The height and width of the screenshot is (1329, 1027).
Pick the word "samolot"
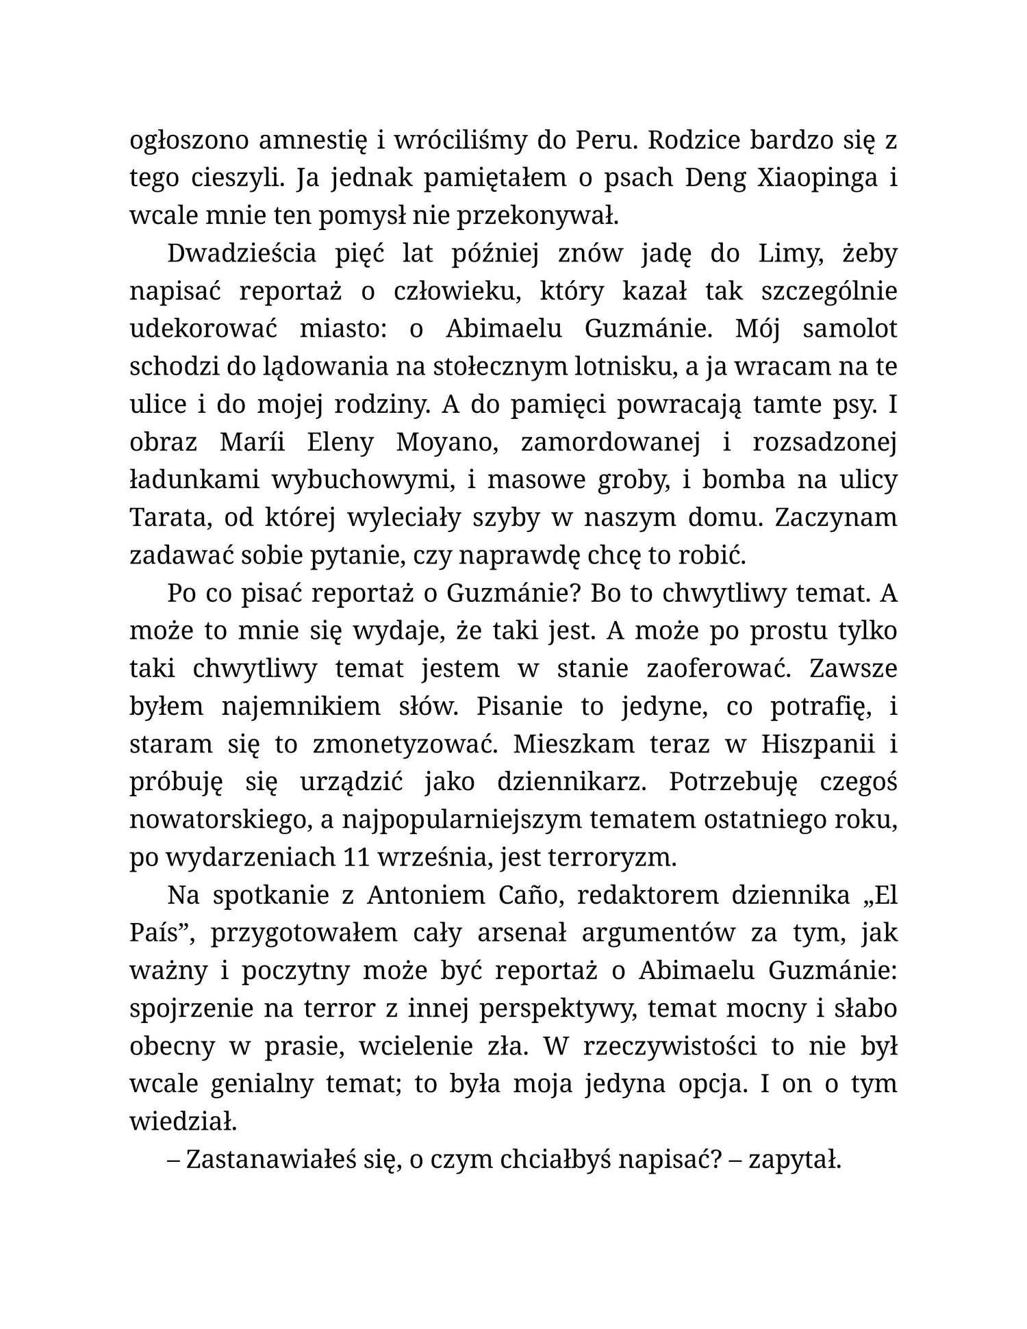[849, 329]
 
